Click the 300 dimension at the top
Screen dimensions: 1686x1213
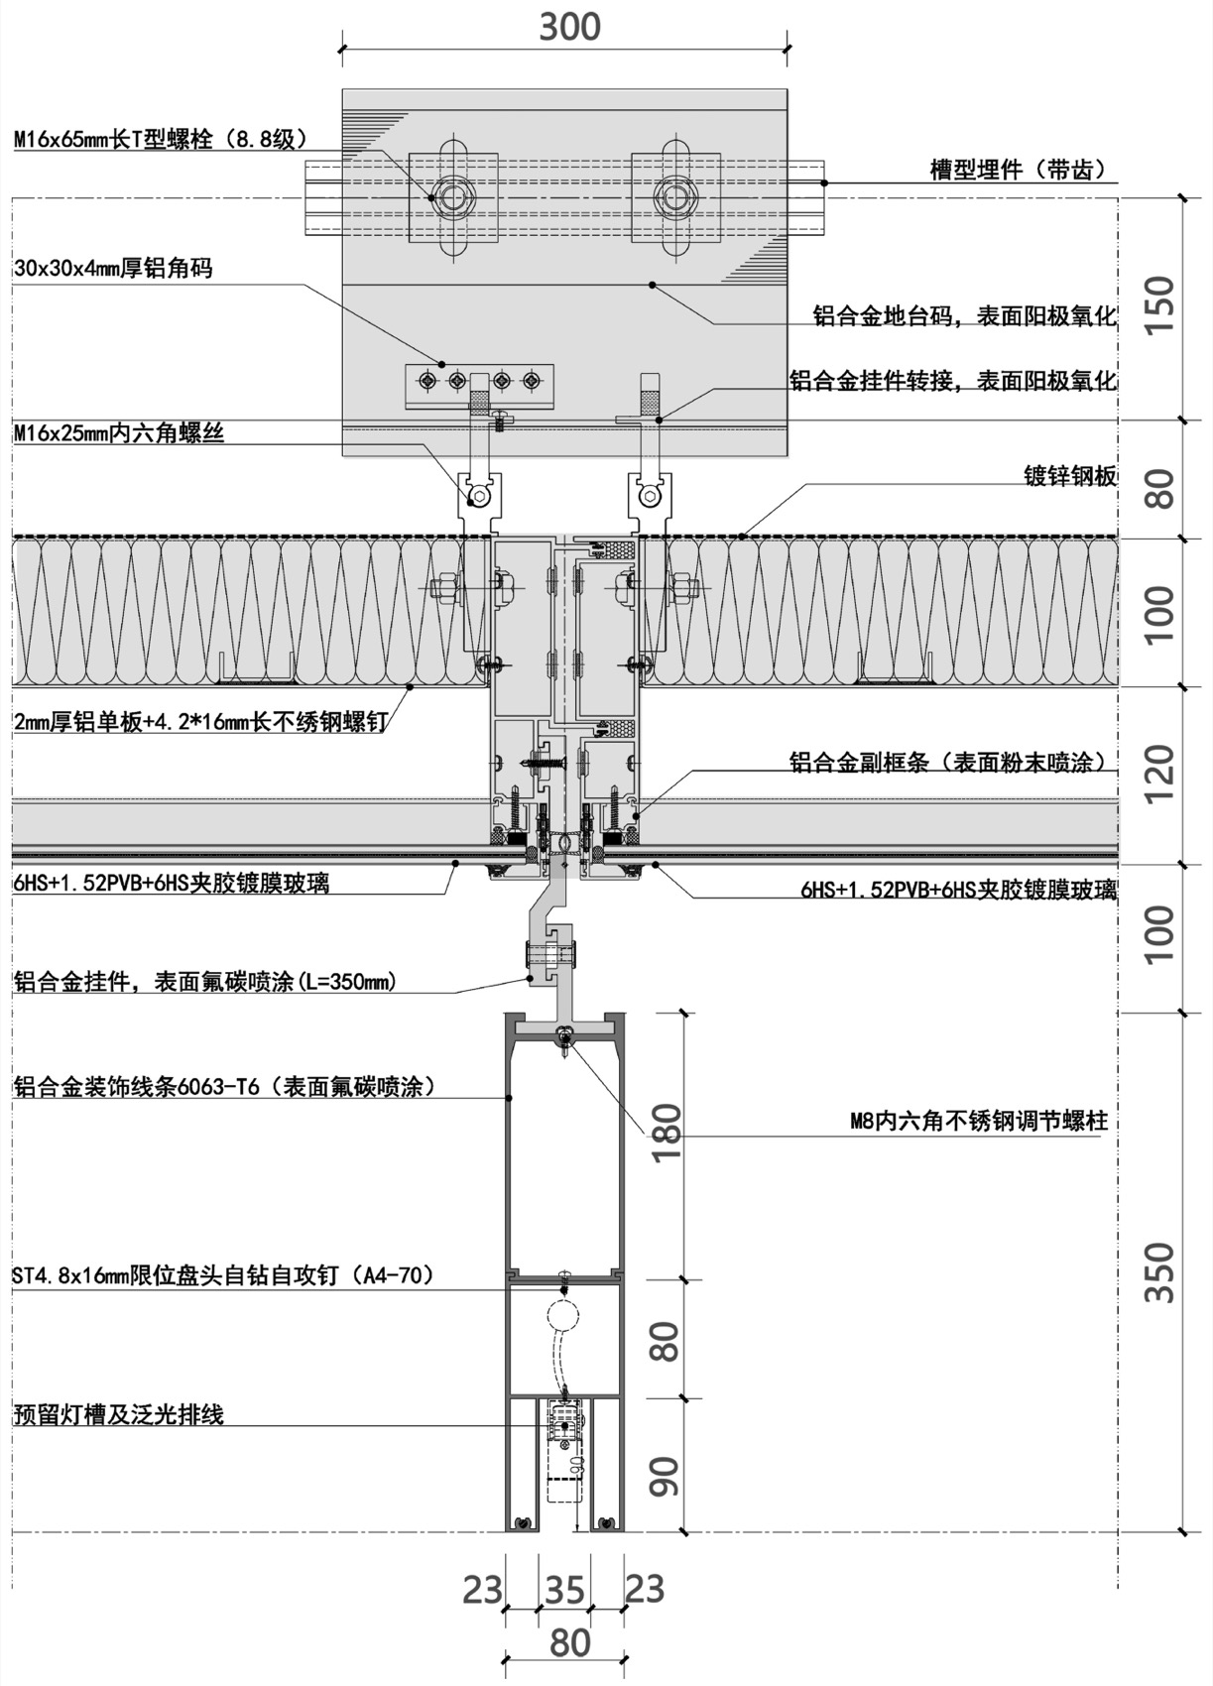pos(569,26)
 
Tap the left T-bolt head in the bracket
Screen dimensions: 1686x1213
pos(453,196)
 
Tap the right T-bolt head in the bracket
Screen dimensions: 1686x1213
pos(675,196)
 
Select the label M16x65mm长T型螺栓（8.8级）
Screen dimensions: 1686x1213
pos(161,140)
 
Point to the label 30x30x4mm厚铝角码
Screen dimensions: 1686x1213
pos(113,268)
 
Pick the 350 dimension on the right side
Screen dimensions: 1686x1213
pos(1158,1271)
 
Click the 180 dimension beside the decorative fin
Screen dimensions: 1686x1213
pos(667,1138)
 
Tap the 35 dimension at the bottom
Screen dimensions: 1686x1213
pos(564,1590)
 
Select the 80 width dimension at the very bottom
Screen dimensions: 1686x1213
pos(569,1642)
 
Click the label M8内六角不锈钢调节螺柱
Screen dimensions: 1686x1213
pos(978,1122)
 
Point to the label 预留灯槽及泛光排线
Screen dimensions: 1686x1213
pos(119,1414)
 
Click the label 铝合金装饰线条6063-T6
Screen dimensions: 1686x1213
pos(224,1087)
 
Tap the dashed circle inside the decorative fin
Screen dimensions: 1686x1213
pos(561,1316)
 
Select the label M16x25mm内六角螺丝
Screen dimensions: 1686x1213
pos(119,432)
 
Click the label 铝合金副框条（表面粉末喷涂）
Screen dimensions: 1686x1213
pos(947,762)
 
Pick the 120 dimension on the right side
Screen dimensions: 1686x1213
pos(1158,774)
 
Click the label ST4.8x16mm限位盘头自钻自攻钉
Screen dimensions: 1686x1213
pos(223,1275)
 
